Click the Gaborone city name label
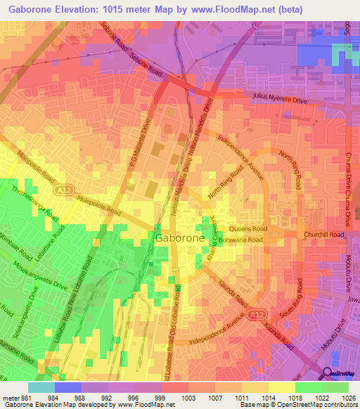(x=179, y=239)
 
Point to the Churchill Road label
(x=323, y=235)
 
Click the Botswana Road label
(x=240, y=240)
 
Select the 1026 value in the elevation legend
(x=349, y=398)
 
